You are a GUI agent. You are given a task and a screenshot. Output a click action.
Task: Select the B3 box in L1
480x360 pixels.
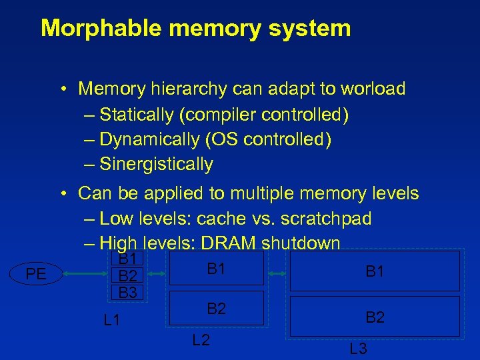[127, 292]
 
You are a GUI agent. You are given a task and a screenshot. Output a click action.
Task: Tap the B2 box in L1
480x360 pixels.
[127, 276]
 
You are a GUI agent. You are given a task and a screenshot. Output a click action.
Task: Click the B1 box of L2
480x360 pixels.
[216, 269]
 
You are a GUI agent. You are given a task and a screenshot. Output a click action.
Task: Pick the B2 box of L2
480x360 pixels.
[216, 308]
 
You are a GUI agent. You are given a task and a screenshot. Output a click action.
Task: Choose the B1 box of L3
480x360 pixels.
[375, 271]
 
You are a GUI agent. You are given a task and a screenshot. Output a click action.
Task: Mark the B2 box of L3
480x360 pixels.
[375, 317]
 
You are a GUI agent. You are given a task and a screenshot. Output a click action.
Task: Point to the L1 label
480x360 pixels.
[113, 321]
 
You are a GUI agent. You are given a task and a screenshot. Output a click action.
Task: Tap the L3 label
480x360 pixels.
[358, 348]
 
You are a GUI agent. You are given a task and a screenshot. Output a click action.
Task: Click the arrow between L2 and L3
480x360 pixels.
[277, 273]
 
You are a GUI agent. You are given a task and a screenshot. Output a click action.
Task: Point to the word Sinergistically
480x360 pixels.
[156, 164]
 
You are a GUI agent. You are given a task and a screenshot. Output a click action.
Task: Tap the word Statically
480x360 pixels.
[137, 115]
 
